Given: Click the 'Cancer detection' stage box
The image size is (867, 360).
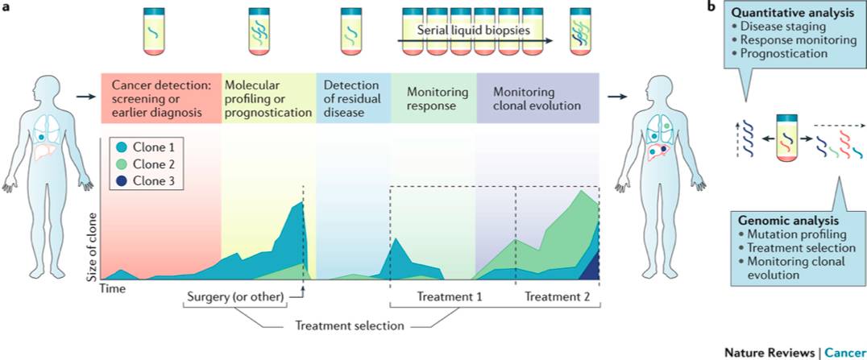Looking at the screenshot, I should [x=160, y=98].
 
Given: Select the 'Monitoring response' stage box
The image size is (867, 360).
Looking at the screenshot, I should [x=434, y=98].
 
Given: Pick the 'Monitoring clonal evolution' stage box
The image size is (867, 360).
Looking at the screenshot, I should [x=537, y=98].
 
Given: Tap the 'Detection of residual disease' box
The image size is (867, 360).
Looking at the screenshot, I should [x=353, y=98].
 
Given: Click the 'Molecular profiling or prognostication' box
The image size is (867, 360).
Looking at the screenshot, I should [x=268, y=98].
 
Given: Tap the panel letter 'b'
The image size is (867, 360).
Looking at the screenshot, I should [x=711, y=7].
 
